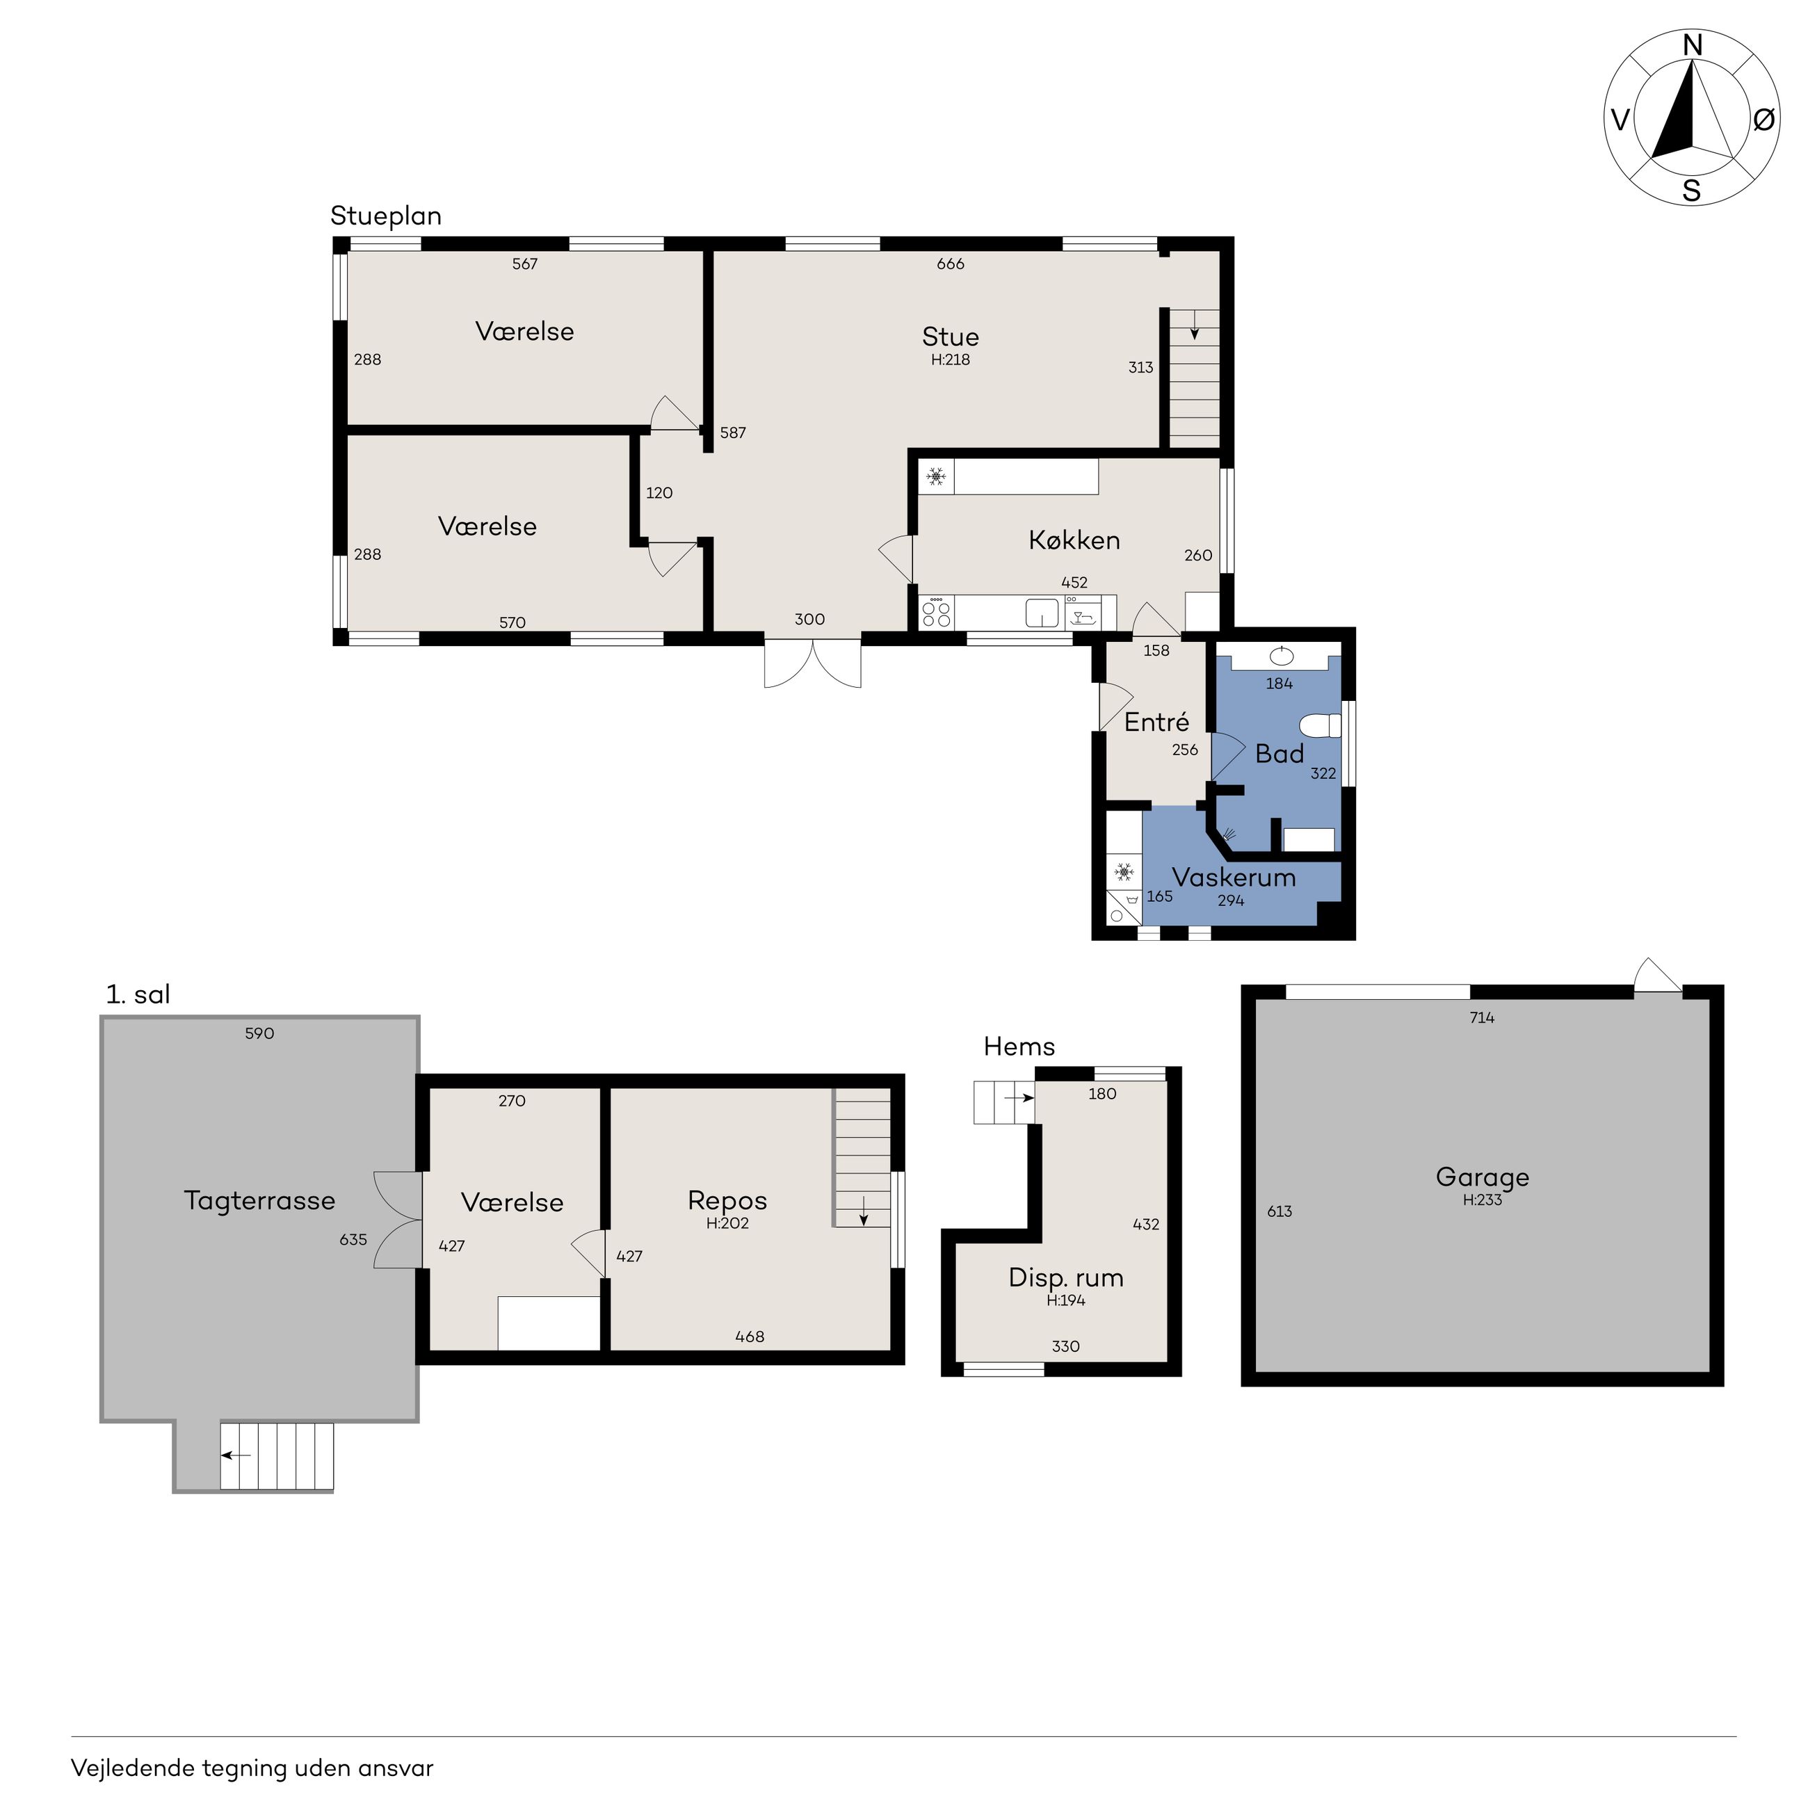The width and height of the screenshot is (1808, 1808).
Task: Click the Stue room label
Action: (x=950, y=337)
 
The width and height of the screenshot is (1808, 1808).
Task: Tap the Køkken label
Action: (x=1074, y=540)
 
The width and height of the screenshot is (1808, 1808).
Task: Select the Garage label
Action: (x=1483, y=1177)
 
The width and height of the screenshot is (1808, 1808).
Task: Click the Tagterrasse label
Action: (x=259, y=1201)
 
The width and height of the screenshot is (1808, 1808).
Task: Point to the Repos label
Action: (x=727, y=1201)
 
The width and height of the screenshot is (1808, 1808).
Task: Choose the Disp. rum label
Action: (x=1066, y=1277)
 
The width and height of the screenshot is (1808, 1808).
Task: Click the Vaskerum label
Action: (x=1234, y=878)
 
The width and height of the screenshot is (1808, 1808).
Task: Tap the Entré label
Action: (x=1156, y=722)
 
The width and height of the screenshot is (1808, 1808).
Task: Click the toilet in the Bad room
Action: (x=1321, y=726)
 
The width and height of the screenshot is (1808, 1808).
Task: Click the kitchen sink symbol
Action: (x=1042, y=613)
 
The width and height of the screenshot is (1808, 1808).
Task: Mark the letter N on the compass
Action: (x=1692, y=45)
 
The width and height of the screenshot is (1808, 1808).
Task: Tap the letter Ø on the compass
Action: (x=1763, y=120)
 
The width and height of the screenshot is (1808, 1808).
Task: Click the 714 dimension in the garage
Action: (x=1483, y=1018)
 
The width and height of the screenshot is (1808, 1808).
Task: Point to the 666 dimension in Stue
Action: (x=950, y=264)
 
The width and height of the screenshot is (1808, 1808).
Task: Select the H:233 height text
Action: (x=1483, y=1200)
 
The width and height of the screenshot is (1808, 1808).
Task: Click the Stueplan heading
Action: (x=385, y=216)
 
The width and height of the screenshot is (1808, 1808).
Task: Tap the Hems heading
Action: (x=1019, y=1047)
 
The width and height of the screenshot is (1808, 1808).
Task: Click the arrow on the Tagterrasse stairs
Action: (x=236, y=1455)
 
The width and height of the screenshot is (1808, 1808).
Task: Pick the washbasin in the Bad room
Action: (x=1280, y=655)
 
